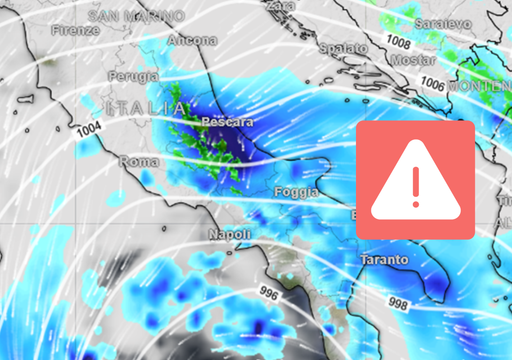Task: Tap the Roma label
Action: coord(135,161)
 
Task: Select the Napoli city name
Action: coord(228,234)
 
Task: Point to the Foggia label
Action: coord(298,190)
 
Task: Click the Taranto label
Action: coord(383,259)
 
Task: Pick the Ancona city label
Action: coord(193,40)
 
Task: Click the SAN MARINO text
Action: coord(136,17)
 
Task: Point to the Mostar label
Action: coord(387,61)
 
